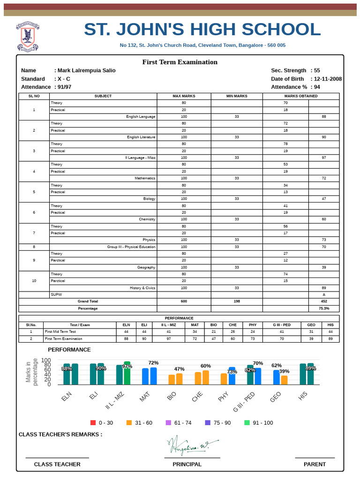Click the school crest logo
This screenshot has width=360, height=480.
click(x=28, y=37)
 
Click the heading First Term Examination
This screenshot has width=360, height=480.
click(x=180, y=62)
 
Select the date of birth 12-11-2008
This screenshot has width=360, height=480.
click(x=328, y=79)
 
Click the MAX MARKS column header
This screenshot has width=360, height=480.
click(x=184, y=96)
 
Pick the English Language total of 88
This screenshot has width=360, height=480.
click(x=324, y=117)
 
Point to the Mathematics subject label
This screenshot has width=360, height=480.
click(x=145, y=179)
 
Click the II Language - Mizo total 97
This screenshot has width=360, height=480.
click(x=324, y=158)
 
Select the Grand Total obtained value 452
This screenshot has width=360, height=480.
click(x=324, y=301)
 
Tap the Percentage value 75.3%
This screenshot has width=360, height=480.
click(x=324, y=308)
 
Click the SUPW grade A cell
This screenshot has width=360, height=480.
click(x=324, y=295)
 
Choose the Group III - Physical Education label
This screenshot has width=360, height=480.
click(x=131, y=247)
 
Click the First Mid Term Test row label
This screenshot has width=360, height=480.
click(x=60, y=331)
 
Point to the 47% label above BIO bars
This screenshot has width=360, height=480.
click(x=180, y=369)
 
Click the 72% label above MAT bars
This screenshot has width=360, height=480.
click(x=153, y=363)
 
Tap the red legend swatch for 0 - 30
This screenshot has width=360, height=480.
click(x=93, y=423)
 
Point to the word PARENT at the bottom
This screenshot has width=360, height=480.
click(x=315, y=465)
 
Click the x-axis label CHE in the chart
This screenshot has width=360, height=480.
click(x=197, y=397)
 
